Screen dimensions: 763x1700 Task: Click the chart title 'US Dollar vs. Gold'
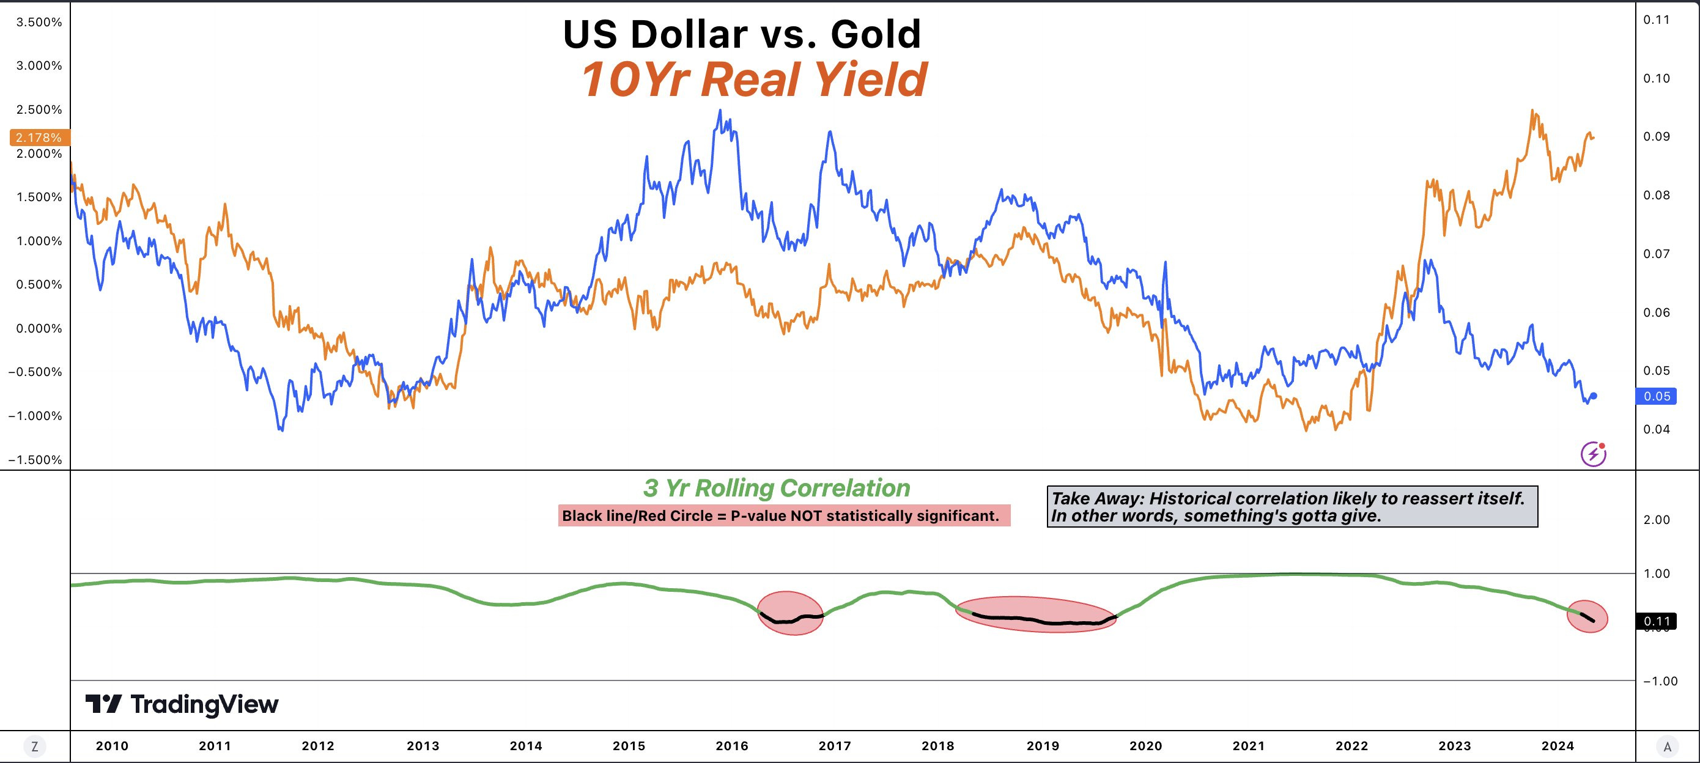coord(742,34)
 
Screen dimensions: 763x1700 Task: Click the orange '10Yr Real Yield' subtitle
coord(753,80)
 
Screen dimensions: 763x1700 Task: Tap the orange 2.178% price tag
coord(39,138)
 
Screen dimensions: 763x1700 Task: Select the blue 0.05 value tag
coord(1657,396)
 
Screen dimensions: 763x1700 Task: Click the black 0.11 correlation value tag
coord(1657,621)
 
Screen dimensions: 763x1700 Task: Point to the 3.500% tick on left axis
coord(39,23)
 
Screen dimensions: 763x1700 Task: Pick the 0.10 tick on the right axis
coord(1657,78)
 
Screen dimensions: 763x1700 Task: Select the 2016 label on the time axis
coord(732,746)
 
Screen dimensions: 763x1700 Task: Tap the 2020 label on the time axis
coord(1145,746)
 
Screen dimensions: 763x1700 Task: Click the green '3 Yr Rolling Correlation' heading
coord(777,488)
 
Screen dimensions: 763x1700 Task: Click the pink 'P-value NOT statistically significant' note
coord(784,515)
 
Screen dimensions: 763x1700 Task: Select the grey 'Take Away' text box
coord(1292,507)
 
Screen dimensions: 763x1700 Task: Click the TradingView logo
coord(182,704)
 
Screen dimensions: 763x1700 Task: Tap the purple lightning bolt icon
coord(1593,454)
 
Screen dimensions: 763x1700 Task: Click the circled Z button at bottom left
coord(34,747)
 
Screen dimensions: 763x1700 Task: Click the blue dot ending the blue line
coord(1594,396)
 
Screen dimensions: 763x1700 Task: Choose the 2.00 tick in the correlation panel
coord(1657,520)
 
